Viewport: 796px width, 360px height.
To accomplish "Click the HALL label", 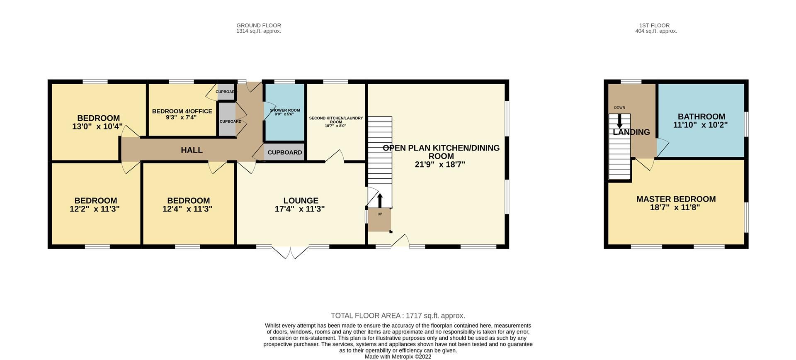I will tap(192, 150).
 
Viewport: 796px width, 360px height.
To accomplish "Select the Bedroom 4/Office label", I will tap(182, 111).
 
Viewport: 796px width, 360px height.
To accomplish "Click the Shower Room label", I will tap(284, 110).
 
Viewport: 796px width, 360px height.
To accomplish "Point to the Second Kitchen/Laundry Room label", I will tap(336, 120).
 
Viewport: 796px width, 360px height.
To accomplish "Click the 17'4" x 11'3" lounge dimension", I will tap(299, 209).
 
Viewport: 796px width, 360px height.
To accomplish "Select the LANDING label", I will tap(631, 132).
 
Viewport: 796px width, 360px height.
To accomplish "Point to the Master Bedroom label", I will tap(676, 199).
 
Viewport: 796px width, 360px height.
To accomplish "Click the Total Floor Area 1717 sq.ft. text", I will tap(398, 316).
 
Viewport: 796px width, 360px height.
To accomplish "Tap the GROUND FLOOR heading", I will tap(259, 25).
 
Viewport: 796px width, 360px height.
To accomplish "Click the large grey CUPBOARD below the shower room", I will tap(284, 152).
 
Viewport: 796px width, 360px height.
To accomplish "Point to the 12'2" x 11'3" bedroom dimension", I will tap(95, 209).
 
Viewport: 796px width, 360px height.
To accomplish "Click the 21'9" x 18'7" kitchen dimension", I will tap(440, 164).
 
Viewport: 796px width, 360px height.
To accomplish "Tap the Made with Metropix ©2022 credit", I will tap(398, 356).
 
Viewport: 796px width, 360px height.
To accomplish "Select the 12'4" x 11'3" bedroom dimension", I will tap(187, 209).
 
